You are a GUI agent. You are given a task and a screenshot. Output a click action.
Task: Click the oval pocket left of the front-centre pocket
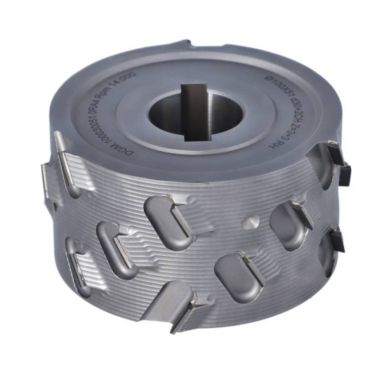coord(114,241)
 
